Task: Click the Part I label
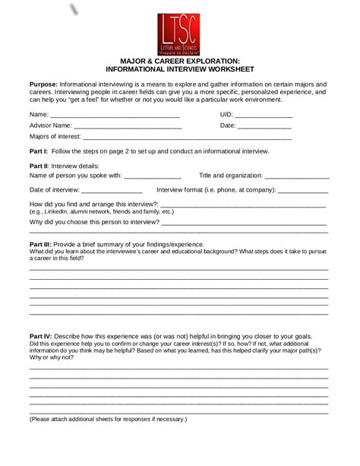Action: click(x=38, y=152)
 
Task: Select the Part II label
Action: click(x=39, y=166)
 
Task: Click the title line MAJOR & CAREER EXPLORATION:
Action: click(x=180, y=60)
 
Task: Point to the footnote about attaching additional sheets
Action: click(x=108, y=419)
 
